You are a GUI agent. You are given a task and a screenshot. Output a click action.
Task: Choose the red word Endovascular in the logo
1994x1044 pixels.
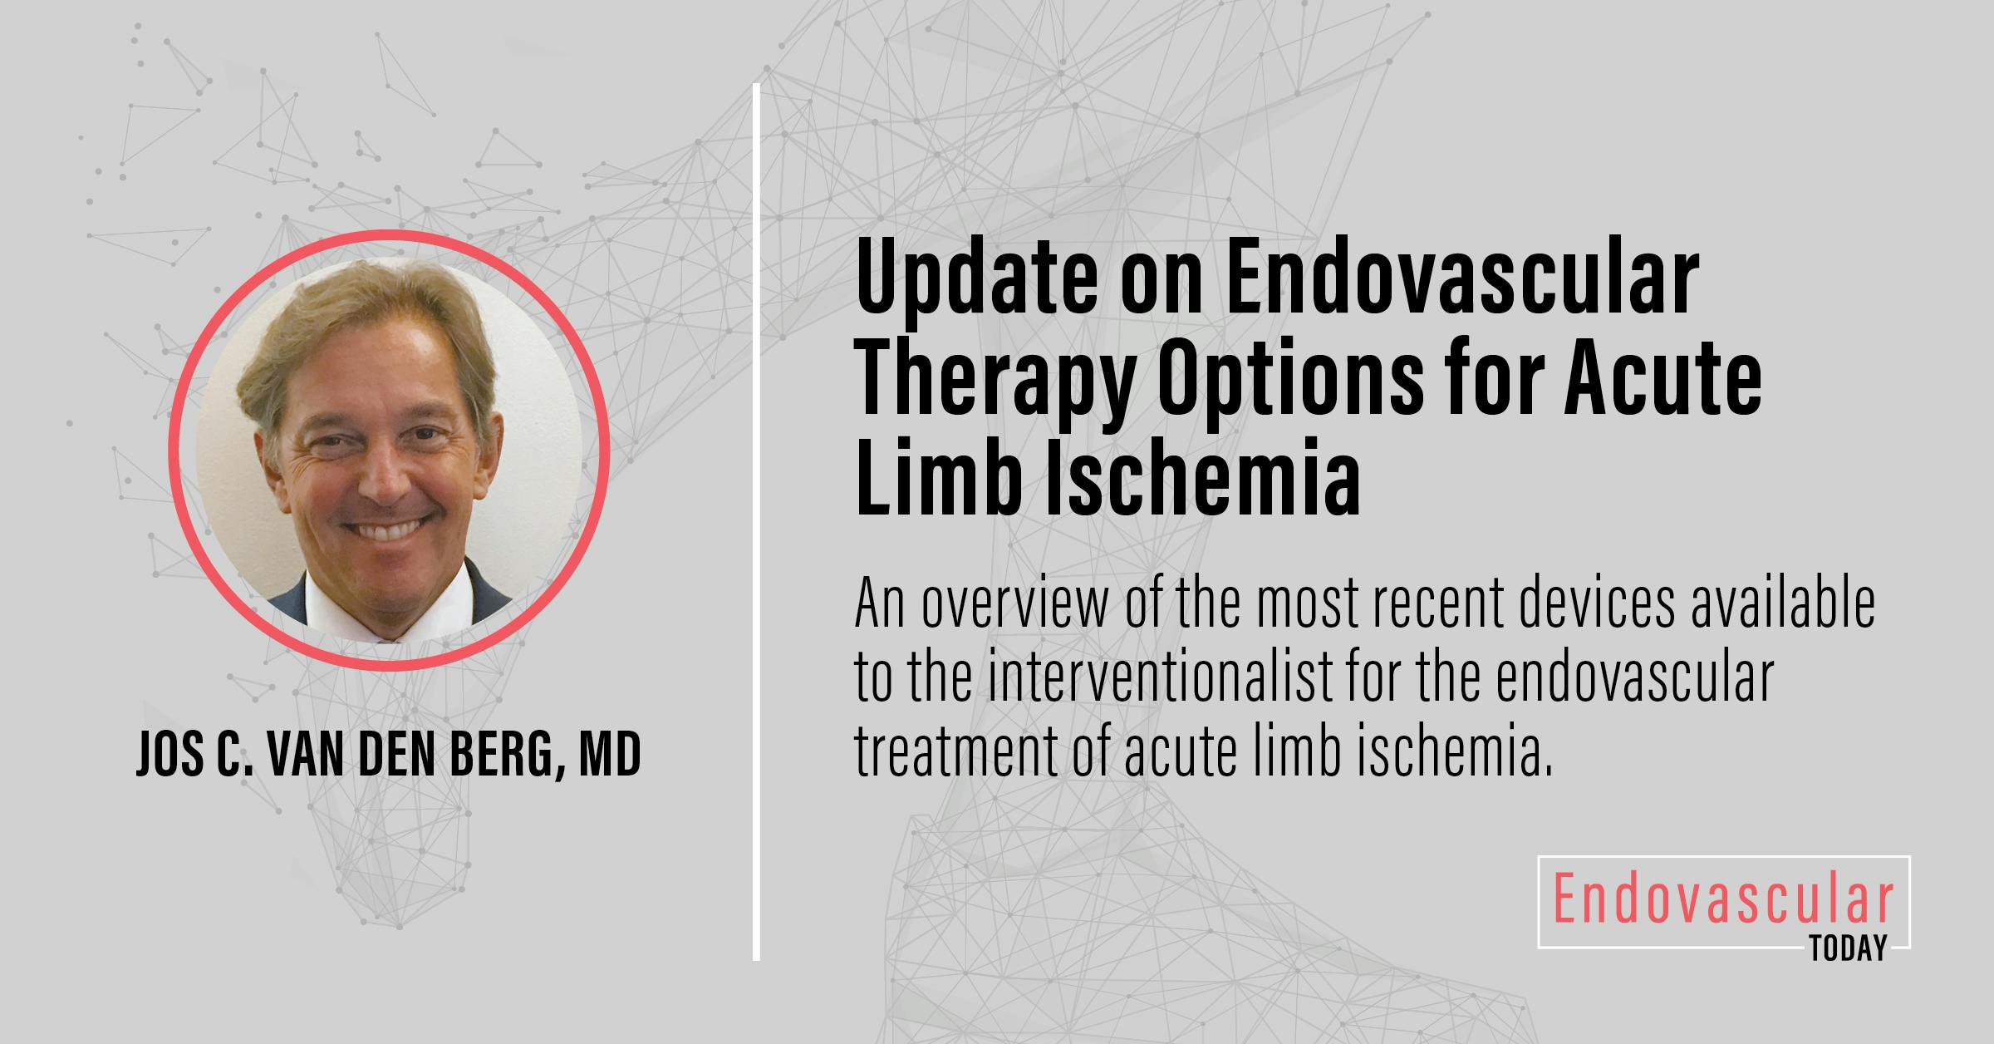(1723, 902)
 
